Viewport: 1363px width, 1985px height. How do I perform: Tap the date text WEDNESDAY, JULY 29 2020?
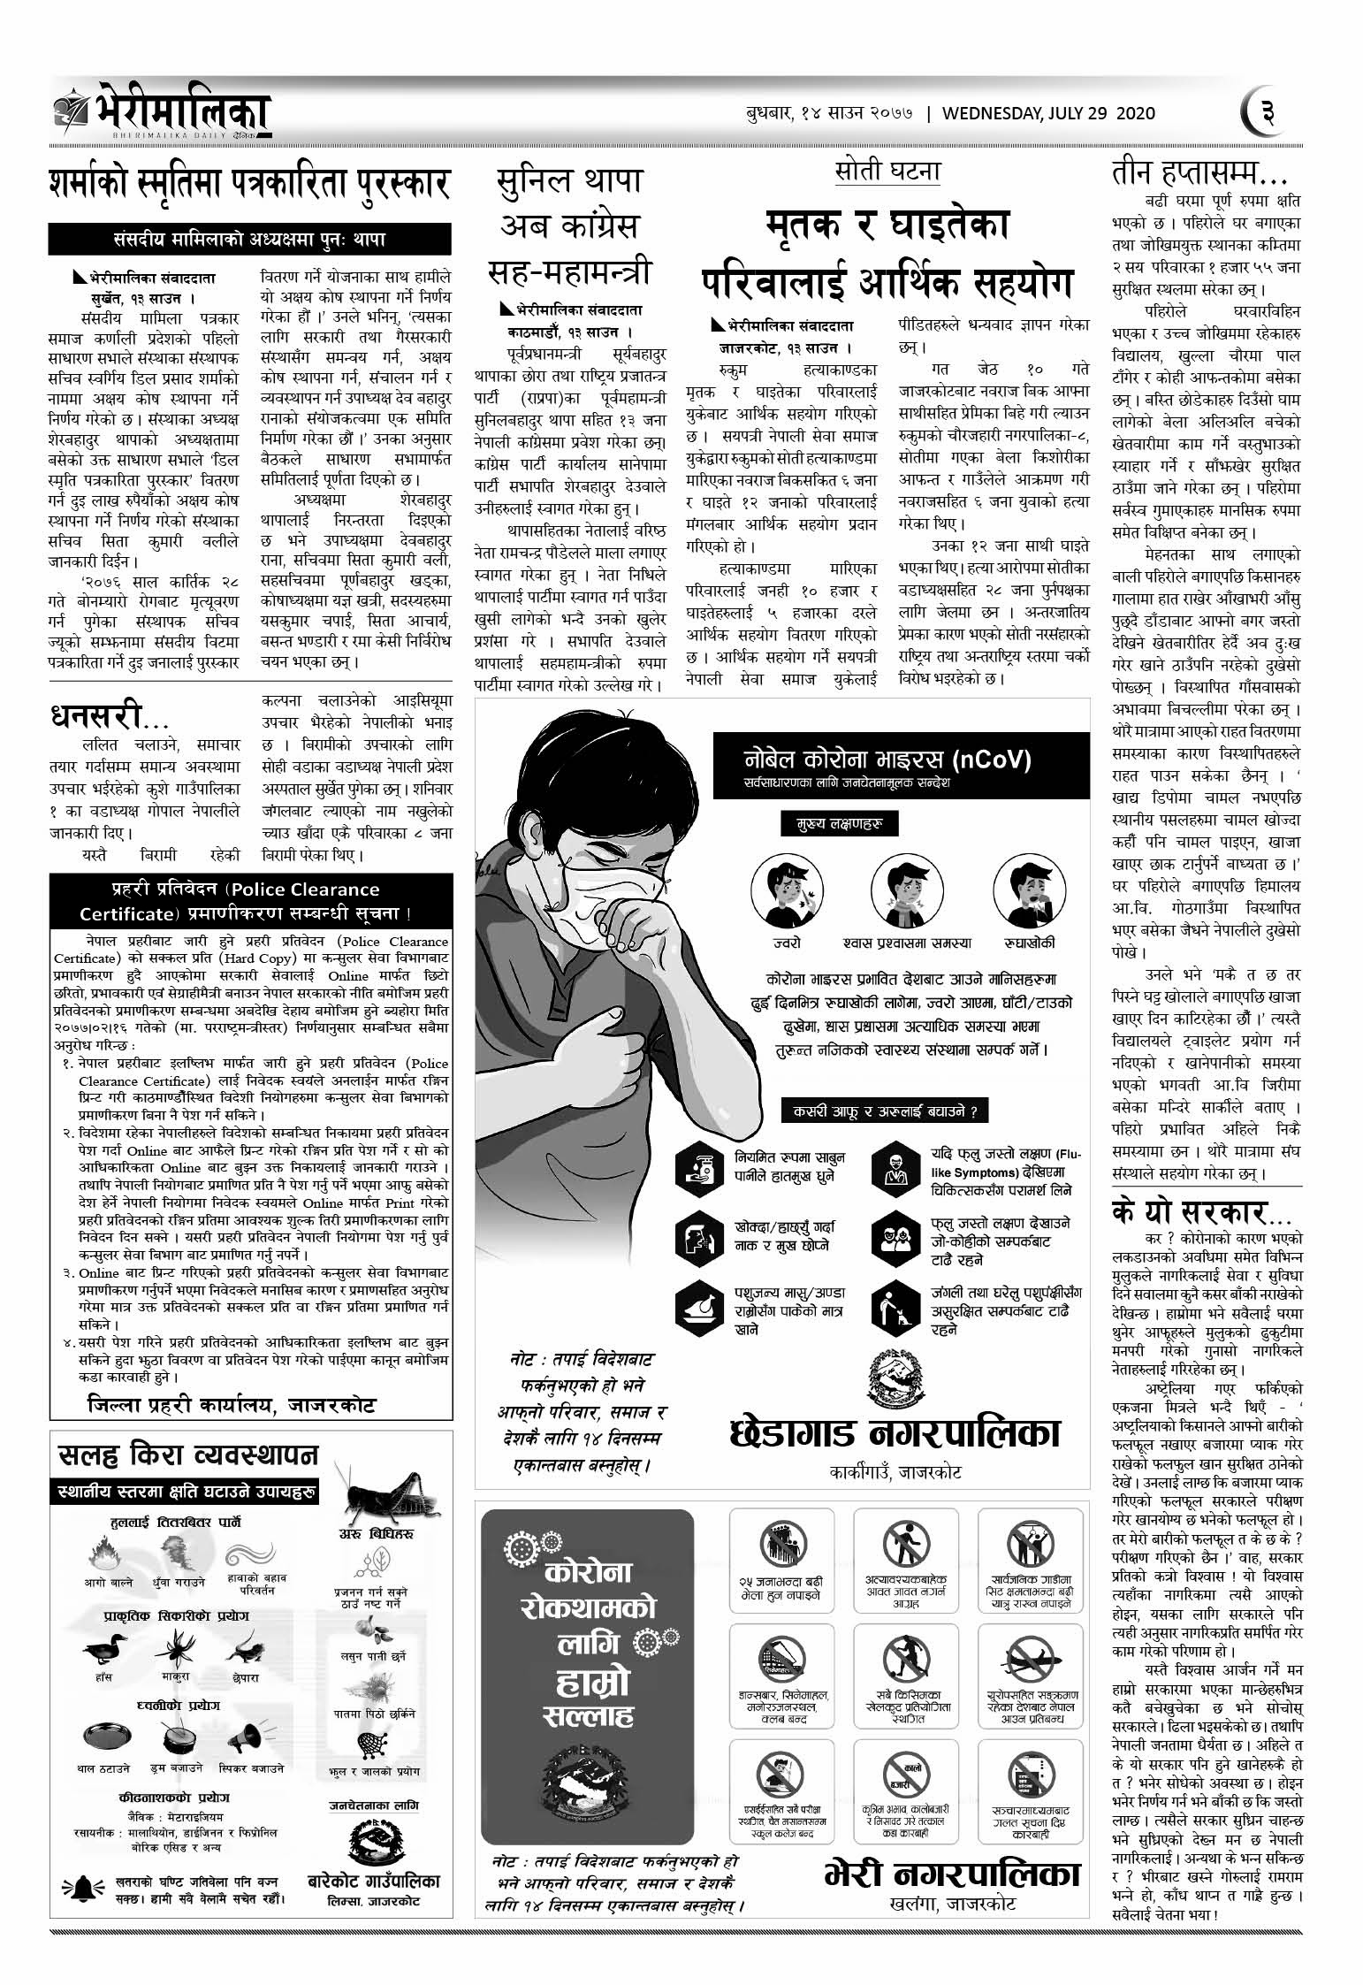(1048, 113)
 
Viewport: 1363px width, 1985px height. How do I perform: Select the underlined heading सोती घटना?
(887, 170)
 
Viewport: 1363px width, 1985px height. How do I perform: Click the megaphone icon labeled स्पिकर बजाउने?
(254, 1739)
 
